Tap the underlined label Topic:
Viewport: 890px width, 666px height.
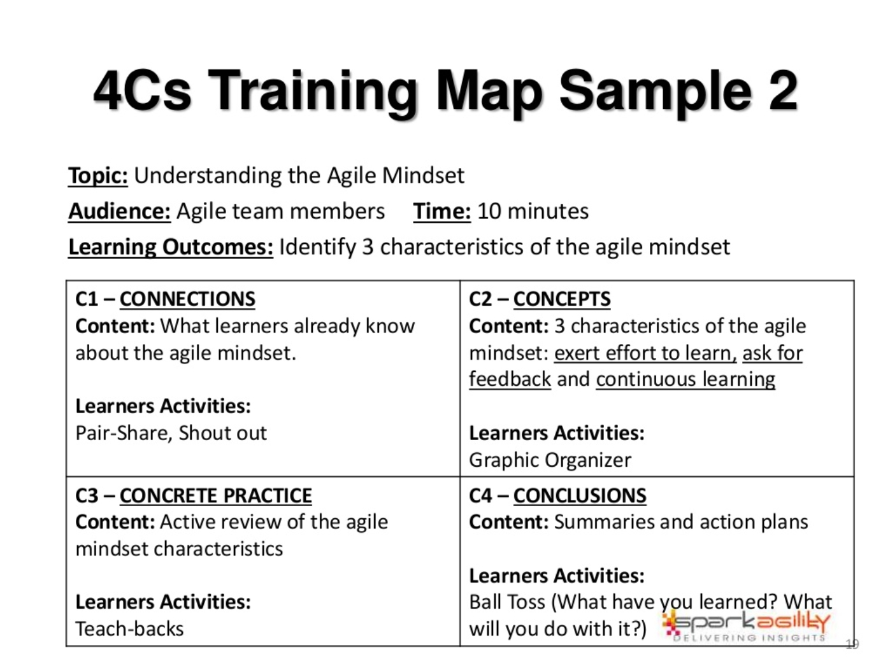click(97, 176)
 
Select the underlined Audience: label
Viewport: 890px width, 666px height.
click(119, 211)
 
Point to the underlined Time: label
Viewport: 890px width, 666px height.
click(442, 211)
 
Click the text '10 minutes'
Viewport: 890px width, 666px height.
click(533, 211)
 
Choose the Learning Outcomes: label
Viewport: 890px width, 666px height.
click(170, 247)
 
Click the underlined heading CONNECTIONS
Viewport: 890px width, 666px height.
click(187, 299)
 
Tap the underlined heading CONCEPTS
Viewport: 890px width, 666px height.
click(561, 299)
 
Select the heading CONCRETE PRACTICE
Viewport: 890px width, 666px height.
click(216, 496)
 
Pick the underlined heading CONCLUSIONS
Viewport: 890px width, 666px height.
click(579, 496)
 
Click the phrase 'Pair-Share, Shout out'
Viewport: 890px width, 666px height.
click(171, 433)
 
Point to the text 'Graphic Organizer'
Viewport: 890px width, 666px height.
click(550, 460)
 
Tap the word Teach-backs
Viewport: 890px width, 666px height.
click(130, 629)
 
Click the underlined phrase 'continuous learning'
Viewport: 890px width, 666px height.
click(685, 380)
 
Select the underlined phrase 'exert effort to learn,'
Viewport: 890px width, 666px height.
click(645, 353)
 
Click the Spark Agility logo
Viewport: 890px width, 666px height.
click(745, 627)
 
